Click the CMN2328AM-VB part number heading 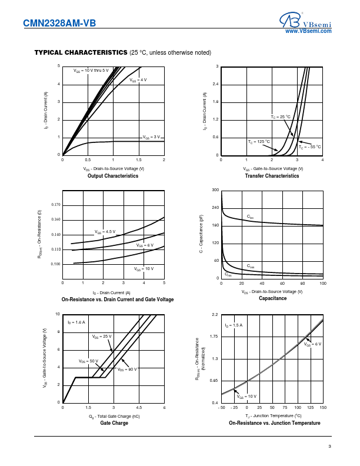(58, 24)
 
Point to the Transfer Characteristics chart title (272, 176)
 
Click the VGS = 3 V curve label (151, 137)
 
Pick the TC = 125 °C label (258, 141)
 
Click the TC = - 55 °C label (310, 147)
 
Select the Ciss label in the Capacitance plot (250, 217)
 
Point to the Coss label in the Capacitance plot (251, 266)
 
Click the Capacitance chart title (272, 298)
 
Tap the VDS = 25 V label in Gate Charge (102, 336)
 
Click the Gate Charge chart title (114, 423)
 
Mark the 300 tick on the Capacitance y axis (215, 190)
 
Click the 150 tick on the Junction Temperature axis (323, 408)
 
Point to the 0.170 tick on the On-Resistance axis (56, 205)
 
